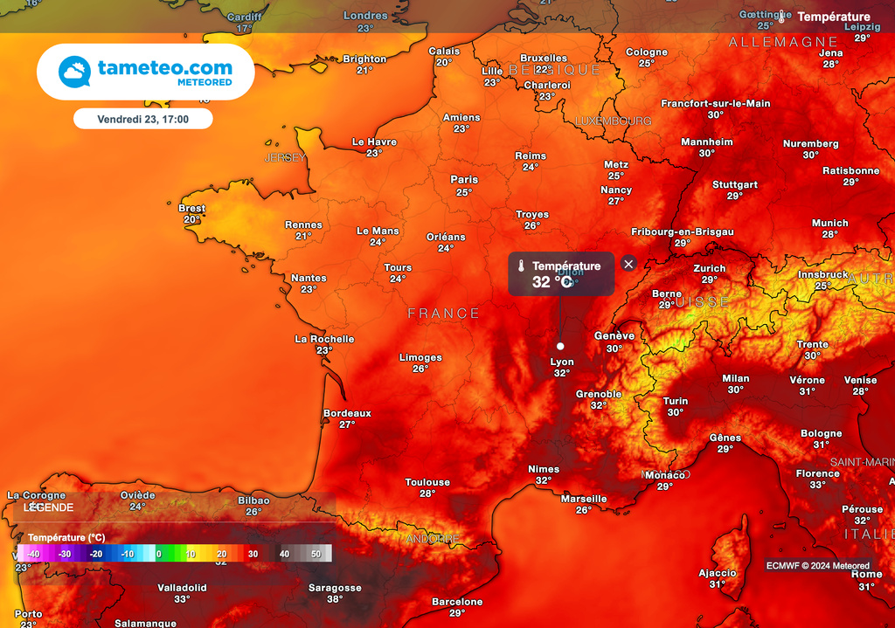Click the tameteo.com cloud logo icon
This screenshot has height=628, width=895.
pyautogui.click(x=74, y=72)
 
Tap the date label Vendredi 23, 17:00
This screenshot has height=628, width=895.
pyautogui.click(x=142, y=118)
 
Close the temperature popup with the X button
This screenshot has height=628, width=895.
pyautogui.click(x=628, y=264)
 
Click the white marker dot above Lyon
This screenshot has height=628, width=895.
pyautogui.click(x=560, y=346)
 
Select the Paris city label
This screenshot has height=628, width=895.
pyautogui.click(x=464, y=180)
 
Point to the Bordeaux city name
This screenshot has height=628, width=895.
pyautogui.click(x=347, y=413)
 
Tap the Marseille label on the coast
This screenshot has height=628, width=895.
pyautogui.click(x=584, y=499)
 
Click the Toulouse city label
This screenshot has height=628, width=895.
pyautogui.click(x=427, y=482)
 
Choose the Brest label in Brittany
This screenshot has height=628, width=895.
pyautogui.click(x=191, y=208)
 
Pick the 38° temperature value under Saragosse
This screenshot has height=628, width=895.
pyautogui.click(x=335, y=599)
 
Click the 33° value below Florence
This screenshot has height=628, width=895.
pyautogui.click(x=817, y=485)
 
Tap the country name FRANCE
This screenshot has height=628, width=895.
pyautogui.click(x=443, y=314)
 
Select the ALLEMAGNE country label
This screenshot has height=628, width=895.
pyautogui.click(x=783, y=42)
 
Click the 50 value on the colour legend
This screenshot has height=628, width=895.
pyautogui.click(x=316, y=554)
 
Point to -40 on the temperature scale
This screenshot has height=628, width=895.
pyautogui.click(x=33, y=554)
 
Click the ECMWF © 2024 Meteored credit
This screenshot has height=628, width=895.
pyautogui.click(x=818, y=566)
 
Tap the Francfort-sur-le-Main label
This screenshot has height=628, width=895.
pyautogui.click(x=715, y=103)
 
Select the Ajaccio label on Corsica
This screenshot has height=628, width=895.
pyautogui.click(x=718, y=573)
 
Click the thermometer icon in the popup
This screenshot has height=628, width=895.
pyautogui.click(x=520, y=266)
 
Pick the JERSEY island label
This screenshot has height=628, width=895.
pyautogui.click(x=285, y=158)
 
